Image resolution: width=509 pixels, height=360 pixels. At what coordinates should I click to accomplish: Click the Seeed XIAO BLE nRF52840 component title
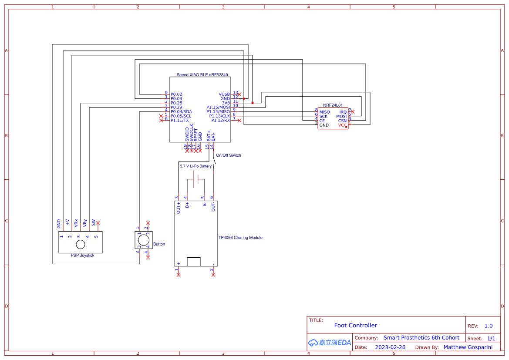(x=202, y=75)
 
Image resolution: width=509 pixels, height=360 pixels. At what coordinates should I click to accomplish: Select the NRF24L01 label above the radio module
(x=333, y=105)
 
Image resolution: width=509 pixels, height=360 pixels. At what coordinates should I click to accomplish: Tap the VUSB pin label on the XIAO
(x=224, y=94)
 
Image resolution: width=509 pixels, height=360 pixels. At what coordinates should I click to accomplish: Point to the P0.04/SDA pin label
(x=181, y=112)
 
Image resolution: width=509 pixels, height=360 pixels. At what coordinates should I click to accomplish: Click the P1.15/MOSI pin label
(x=218, y=108)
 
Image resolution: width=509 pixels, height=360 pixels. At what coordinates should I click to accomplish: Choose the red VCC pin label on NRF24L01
(x=343, y=125)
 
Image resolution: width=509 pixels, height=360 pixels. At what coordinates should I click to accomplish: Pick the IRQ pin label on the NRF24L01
(x=343, y=112)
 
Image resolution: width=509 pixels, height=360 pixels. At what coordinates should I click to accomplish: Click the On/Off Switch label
(x=228, y=155)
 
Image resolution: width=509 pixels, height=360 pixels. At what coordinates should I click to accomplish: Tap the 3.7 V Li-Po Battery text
(x=196, y=166)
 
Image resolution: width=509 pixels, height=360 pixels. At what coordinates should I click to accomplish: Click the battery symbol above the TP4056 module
(x=196, y=179)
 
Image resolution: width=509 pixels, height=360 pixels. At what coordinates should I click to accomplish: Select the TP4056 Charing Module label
(x=240, y=238)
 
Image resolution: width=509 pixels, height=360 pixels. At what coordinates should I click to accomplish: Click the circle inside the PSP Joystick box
(x=81, y=244)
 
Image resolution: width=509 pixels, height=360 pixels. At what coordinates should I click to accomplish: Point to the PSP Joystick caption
(x=82, y=256)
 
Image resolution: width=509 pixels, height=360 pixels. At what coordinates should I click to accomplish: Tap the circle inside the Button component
(x=143, y=240)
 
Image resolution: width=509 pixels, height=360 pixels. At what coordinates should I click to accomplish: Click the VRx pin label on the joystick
(x=76, y=223)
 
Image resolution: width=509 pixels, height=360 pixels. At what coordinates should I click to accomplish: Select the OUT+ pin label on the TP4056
(x=179, y=208)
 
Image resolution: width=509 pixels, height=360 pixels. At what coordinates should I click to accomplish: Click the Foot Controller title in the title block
(x=355, y=326)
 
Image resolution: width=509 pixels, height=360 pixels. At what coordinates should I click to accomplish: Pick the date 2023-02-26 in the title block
(x=390, y=347)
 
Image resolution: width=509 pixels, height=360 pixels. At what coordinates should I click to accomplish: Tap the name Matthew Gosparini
(x=468, y=347)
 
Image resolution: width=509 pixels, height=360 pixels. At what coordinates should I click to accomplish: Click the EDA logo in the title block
(x=329, y=343)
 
